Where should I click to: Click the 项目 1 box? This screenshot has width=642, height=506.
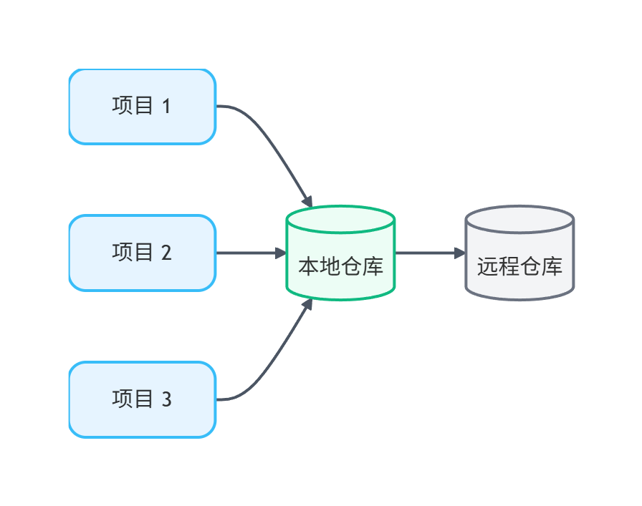142,107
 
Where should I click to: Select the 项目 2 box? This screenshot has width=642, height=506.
142,253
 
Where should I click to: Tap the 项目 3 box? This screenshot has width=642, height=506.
142,399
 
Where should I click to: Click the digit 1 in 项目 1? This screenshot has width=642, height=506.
166,107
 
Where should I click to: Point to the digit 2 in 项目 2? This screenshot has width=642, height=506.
166,253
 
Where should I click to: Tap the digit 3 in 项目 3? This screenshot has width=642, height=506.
166,399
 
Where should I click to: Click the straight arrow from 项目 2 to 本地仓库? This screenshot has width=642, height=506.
247,253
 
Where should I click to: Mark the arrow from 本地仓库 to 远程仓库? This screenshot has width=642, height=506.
426,253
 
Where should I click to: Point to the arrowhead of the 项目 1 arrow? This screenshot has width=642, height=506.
307,201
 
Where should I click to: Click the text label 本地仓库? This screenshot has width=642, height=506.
340,268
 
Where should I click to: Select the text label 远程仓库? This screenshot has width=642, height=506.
519,268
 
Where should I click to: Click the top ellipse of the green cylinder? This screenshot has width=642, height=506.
340,219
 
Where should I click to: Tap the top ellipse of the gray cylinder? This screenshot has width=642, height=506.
519,219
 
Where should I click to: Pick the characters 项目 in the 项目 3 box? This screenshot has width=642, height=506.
133,399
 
